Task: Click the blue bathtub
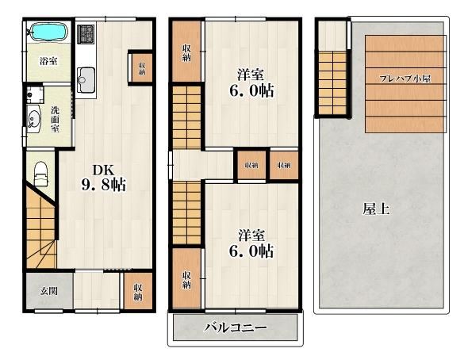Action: (x=50, y=32)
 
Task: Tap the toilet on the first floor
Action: (x=41, y=174)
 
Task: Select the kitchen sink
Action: (x=86, y=80)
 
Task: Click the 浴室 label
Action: (x=48, y=61)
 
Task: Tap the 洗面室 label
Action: (x=55, y=119)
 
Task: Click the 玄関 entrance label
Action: (x=48, y=291)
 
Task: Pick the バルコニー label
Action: (x=236, y=328)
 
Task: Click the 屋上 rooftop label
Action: (x=376, y=209)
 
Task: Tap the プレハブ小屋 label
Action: (x=405, y=79)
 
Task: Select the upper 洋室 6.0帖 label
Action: (x=251, y=82)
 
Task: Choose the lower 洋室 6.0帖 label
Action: (x=251, y=243)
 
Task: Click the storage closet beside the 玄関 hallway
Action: (x=138, y=290)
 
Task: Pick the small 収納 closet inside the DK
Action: (x=142, y=68)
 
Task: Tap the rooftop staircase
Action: (x=332, y=83)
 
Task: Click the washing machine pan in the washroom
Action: (x=35, y=95)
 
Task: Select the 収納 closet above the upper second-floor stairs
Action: (x=186, y=52)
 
